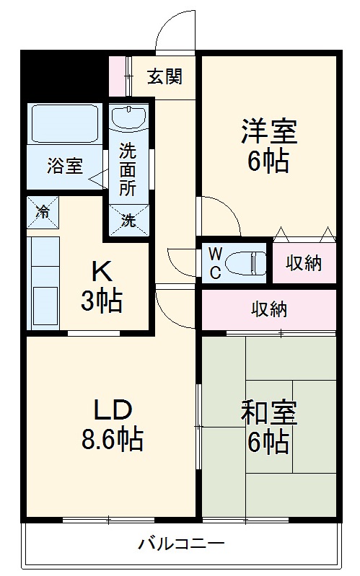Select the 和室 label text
268,415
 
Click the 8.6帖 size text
112,438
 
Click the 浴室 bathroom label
64,166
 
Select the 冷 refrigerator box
43,212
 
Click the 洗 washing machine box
128,221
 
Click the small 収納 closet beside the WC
303,263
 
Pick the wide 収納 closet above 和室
269,309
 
